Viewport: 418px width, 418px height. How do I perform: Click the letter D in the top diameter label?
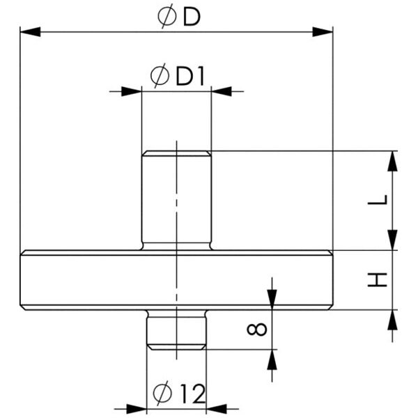(x=192, y=17)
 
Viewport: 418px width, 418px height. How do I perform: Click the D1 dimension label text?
(x=190, y=76)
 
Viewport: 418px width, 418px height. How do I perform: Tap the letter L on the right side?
(x=378, y=200)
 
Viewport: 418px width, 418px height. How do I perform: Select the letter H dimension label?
(x=378, y=279)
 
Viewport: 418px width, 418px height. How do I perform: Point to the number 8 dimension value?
(x=256, y=329)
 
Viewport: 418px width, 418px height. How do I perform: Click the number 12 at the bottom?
(x=193, y=394)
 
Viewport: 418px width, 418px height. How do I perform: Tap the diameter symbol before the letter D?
(x=167, y=16)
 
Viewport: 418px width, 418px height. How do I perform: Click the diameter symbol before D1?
(x=160, y=75)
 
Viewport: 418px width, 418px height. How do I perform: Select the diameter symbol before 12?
(x=162, y=393)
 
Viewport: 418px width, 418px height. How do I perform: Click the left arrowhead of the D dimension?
(x=30, y=32)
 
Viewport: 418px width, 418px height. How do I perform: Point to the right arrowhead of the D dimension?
(x=323, y=32)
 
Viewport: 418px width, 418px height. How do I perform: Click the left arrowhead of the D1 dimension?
(x=132, y=91)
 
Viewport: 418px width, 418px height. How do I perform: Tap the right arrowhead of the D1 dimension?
(x=222, y=91)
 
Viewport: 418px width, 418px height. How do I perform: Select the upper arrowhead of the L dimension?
(x=392, y=161)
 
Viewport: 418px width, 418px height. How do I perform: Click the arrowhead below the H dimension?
(x=392, y=320)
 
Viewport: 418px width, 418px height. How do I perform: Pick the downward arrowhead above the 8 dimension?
(x=272, y=300)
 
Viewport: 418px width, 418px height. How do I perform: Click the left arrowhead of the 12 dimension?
(x=137, y=409)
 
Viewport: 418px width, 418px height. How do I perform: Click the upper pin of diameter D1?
(x=176, y=201)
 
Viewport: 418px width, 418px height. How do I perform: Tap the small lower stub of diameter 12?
(x=176, y=330)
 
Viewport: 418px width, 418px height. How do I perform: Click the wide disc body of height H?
(x=176, y=280)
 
